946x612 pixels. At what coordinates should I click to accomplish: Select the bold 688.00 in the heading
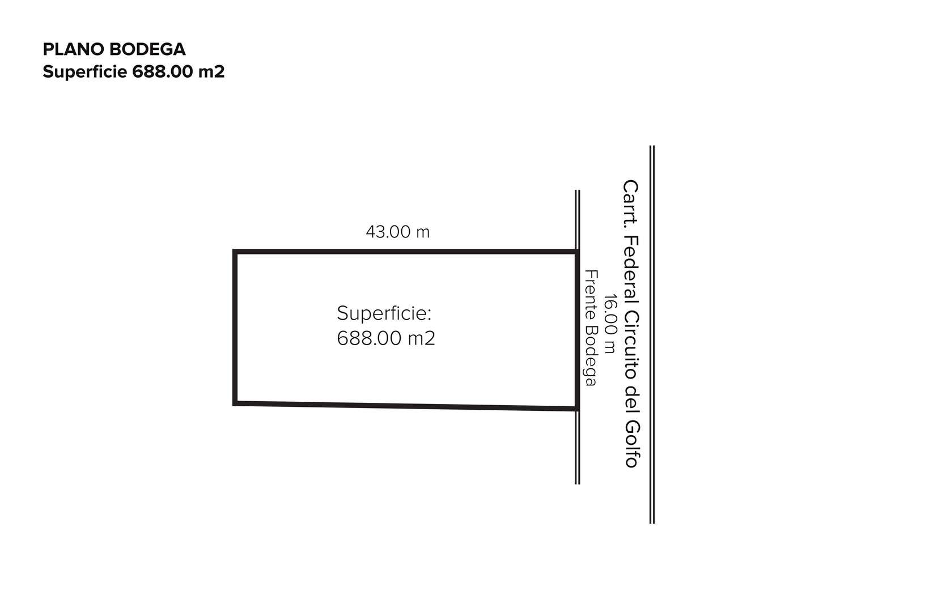click(x=163, y=72)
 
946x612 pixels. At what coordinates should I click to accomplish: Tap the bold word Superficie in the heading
click(x=85, y=72)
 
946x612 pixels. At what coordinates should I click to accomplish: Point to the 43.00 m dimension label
click(x=398, y=232)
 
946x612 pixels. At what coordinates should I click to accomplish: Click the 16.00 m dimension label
click(x=610, y=324)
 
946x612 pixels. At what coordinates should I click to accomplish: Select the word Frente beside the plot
click(x=591, y=295)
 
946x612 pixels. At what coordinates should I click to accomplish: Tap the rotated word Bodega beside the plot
click(x=590, y=356)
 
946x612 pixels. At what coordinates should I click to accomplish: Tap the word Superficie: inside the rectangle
click(x=384, y=313)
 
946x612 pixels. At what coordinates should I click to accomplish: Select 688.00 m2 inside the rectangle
click(x=386, y=338)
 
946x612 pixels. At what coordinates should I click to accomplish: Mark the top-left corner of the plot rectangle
click(x=235, y=252)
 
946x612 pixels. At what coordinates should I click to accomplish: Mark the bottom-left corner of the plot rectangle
click(x=235, y=403)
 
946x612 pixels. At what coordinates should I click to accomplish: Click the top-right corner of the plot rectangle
click(x=578, y=252)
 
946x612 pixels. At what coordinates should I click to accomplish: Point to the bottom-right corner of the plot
click(x=578, y=409)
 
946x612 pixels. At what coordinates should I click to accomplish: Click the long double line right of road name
click(x=652, y=334)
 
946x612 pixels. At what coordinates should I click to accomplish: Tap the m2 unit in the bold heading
click(x=211, y=73)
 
